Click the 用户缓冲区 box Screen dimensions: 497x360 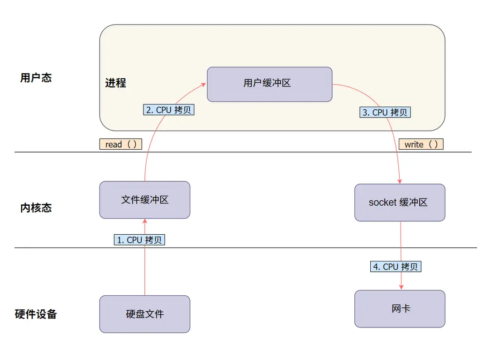tap(269, 84)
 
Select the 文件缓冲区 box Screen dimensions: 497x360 tap(145, 200)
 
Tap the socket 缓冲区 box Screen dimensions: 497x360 tap(400, 202)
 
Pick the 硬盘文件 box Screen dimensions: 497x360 tap(145, 314)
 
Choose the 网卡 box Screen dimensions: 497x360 tap(400, 309)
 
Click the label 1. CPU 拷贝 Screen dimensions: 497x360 tap(139, 240)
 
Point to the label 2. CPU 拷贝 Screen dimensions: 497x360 tap(169, 109)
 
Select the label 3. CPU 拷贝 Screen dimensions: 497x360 tap(385, 112)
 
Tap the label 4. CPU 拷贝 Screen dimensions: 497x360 tap(396, 266)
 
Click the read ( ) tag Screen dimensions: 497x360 tap(121, 144)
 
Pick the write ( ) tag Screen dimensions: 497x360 tap(421, 144)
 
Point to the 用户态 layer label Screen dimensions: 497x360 tap(36, 78)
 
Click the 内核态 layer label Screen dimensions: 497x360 tap(36, 208)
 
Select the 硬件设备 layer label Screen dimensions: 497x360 tap(36, 314)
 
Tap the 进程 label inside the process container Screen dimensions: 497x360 tap(116, 83)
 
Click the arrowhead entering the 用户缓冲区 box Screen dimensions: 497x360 tap(204, 85)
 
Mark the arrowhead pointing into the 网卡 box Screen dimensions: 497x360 tap(401, 287)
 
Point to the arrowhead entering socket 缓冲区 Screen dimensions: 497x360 tap(400, 181)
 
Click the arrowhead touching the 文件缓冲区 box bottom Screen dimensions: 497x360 tap(145, 221)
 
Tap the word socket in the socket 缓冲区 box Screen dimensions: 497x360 tap(382, 202)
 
